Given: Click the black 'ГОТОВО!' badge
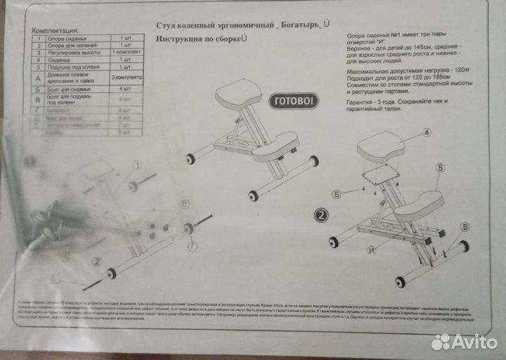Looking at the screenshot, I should [294, 101].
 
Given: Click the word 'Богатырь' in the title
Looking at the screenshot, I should [301, 26].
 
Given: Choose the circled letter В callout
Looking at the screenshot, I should [465, 226].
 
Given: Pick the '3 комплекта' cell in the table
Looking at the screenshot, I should [126, 76].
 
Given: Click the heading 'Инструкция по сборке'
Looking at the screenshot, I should [200, 38].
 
